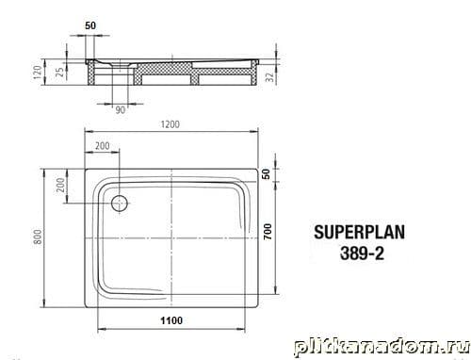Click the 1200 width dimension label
[171, 124]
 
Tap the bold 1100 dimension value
[171, 320]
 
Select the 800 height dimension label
[38, 237]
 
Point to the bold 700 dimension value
[268, 232]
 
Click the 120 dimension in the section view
[38, 73]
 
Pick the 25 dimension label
[60, 72]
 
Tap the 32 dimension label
[270, 76]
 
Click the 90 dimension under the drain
[121, 110]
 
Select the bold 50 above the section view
[90, 25]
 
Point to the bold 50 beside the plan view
[266, 174]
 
